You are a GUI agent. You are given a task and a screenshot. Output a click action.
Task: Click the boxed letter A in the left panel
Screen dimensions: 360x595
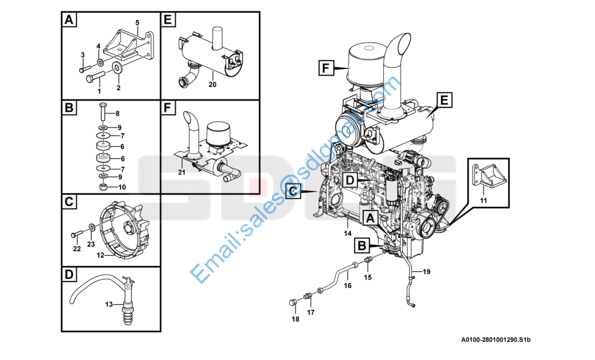click(x=70, y=20)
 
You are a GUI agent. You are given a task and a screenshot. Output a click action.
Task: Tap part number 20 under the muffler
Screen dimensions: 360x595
click(x=212, y=84)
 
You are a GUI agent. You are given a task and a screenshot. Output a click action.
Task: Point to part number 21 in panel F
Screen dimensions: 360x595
click(x=181, y=172)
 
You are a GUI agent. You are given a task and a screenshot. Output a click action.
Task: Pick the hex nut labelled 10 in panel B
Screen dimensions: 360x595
click(x=103, y=187)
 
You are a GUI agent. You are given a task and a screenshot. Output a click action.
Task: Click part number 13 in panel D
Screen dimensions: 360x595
click(x=109, y=305)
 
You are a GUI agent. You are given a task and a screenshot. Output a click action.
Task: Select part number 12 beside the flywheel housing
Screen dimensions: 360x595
click(x=101, y=255)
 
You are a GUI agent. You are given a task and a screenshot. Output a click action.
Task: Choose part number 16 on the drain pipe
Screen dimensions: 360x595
click(x=347, y=286)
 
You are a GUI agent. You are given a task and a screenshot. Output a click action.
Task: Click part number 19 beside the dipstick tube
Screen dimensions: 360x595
click(x=426, y=272)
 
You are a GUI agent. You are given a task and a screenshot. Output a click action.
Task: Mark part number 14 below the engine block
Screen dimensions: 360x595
click(x=347, y=233)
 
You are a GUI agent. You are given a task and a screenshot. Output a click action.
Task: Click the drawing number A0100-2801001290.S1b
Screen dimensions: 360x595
click(x=495, y=341)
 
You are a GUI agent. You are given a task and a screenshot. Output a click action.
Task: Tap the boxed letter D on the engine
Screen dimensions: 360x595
click(x=351, y=179)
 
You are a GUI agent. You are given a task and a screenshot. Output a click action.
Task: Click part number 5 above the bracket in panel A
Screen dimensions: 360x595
click(x=137, y=23)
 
